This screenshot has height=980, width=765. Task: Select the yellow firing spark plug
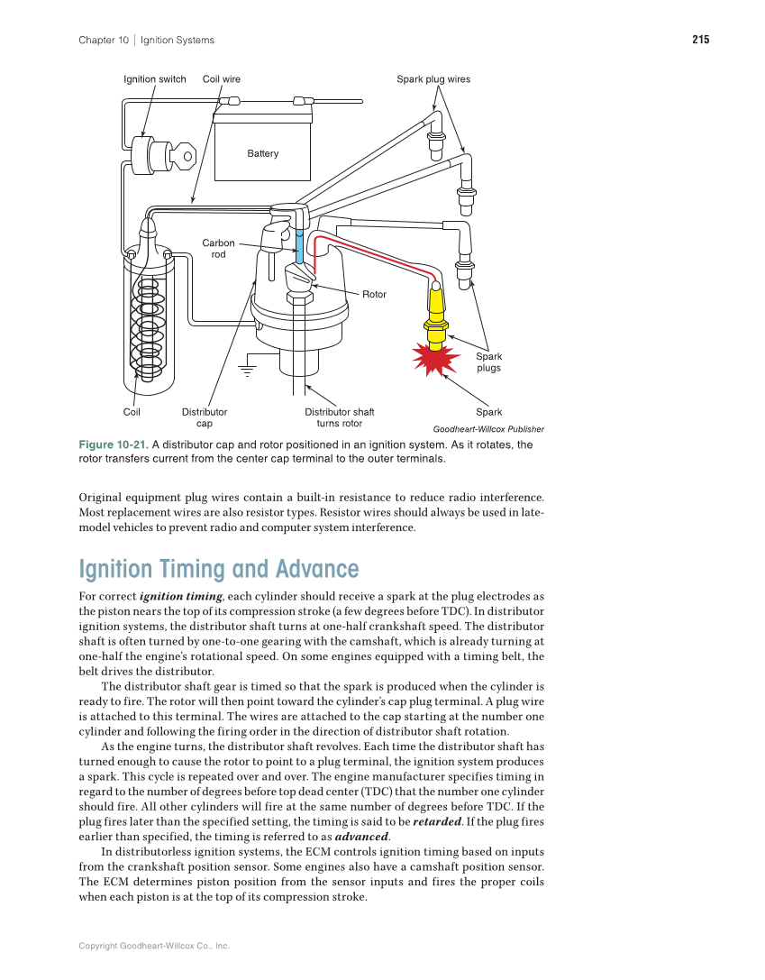click(x=436, y=311)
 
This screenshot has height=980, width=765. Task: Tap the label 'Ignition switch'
click(x=155, y=79)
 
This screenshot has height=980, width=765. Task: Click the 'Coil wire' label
click(x=222, y=79)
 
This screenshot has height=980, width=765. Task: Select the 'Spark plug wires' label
click(x=433, y=79)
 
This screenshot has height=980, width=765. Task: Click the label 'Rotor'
click(x=374, y=295)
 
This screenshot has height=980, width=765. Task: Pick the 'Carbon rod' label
click(x=218, y=249)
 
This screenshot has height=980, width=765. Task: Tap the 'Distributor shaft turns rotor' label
click(x=339, y=417)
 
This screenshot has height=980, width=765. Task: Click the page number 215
click(x=700, y=40)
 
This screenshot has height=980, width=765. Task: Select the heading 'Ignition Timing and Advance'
click(x=219, y=569)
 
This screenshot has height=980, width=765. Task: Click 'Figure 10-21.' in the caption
click(x=113, y=445)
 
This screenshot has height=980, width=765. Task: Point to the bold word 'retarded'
click(x=436, y=822)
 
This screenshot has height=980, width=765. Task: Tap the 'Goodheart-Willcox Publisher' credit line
click(x=488, y=429)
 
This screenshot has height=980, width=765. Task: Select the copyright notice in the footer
click(x=154, y=946)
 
